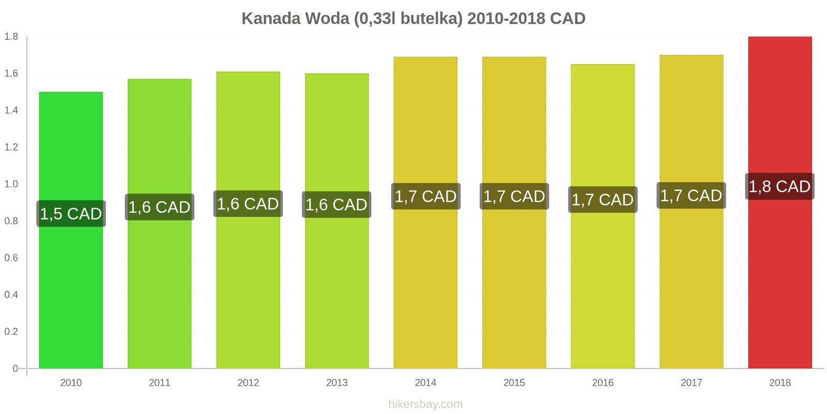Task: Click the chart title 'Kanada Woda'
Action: (x=413, y=19)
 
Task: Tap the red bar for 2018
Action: (x=779, y=285)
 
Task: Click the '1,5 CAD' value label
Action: (x=71, y=214)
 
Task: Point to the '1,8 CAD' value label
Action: (x=779, y=186)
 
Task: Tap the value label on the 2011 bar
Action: (x=159, y=207)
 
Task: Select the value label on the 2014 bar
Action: (x=425, y=197)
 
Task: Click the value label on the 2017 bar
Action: (x=691, y=196)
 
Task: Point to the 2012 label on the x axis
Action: (x=248, y=383)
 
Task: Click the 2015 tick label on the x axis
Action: (x=514, y=383)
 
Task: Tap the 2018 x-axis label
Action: (x=779, y=383)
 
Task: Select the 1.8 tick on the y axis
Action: (x=11, y=37)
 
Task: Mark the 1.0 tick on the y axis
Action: (x=11, y=184)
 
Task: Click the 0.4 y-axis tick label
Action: (x=11, y=295)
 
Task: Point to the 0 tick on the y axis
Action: (x=15, y=368)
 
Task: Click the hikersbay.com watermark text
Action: (x=425, y=404)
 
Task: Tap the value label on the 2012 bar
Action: (x=248, y=204)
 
